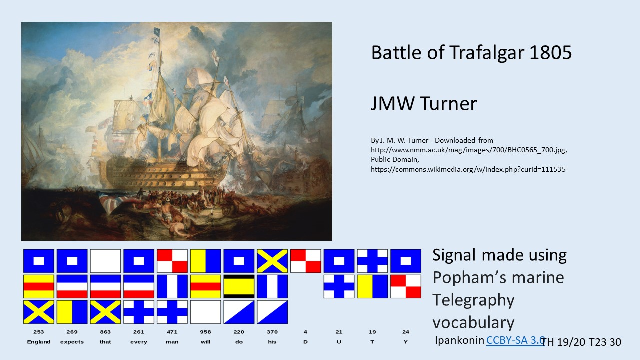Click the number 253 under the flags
38,332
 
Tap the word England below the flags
39,342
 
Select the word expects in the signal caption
72,342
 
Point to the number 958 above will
205,332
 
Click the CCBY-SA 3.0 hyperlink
515,340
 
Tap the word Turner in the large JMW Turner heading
448,103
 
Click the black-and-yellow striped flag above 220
239,286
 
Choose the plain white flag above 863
105,261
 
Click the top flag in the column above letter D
305,261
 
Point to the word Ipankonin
459,340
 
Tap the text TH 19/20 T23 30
581,342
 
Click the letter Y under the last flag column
405,342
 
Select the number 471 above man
172,332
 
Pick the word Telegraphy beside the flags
473,300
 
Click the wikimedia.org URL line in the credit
468,169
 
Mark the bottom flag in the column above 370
272,312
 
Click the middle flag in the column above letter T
372,286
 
